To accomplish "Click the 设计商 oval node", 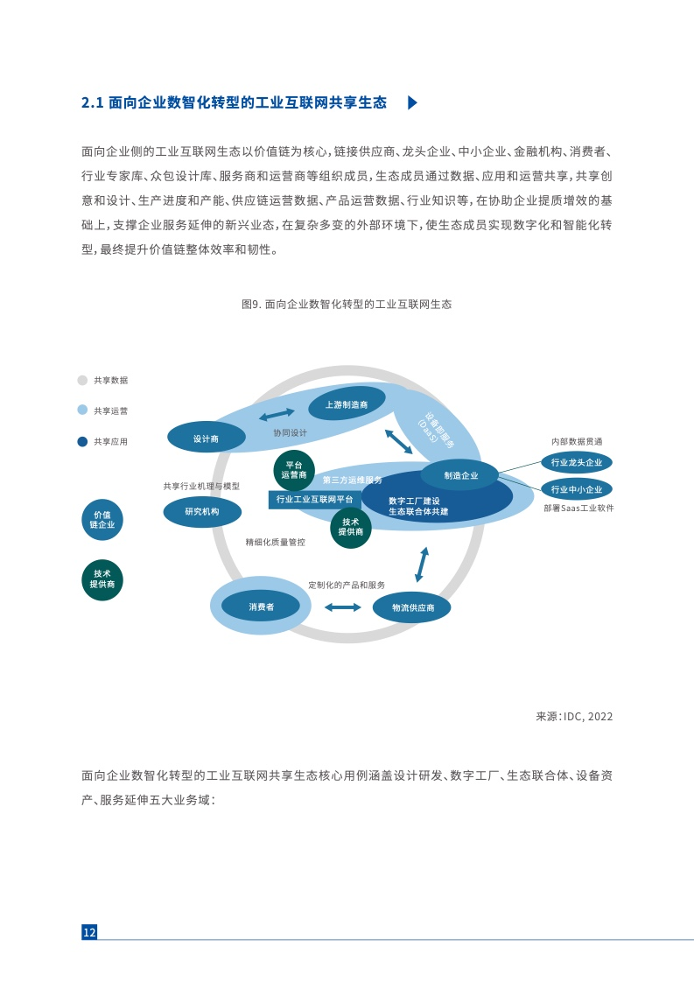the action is pyautogui.click(x=206, y=438).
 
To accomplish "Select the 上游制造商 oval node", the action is pyautogui.click(x=347, y=404).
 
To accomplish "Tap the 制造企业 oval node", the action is pyautogui.click(x=460, y=475).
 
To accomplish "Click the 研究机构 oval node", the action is pyautogui.click(x=202, y=512).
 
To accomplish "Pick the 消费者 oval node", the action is pyautogui.click(x=261, y=607).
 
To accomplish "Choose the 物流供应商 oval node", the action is pyautogui.click(x=412, y=607).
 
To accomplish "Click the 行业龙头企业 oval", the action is pyautogui.click(x=576, y=463).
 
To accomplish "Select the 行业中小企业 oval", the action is pyautogui.click(x=576, y=489).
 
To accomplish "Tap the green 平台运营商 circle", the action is pyautogui.click(x=294, y=470).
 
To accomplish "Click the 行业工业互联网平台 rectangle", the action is pyautogui.click(x=314, y=499).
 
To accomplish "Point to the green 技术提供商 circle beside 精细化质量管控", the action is pyautogui.click(x=351, y=528).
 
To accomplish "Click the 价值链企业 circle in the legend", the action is pyautogui.click(x=102, y=520).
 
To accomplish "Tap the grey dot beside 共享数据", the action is pyautogui.click(x=82, y=380).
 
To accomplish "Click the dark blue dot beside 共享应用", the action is pyautogui.click(x=82, y=441).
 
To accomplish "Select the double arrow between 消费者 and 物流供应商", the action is pyautogui.click(x=342, y=607).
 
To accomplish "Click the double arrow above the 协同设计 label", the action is pyautogui.click(x=277, y=414).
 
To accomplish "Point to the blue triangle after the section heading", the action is pyautogui.click(x=412, y=102).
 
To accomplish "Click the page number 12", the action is pyautogui.click(x=89, y=932).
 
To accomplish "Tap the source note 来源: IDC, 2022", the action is pyautogui.click(x=574, y=717).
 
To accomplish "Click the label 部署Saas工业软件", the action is pyautogui.click(x=578, y=508).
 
